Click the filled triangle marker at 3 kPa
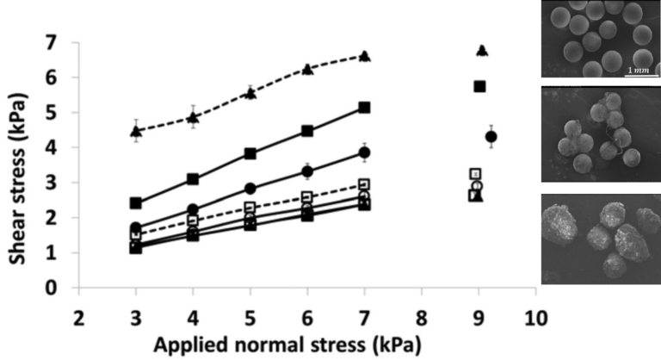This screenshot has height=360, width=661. (135, 131)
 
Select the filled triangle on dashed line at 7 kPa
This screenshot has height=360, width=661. (364, 56)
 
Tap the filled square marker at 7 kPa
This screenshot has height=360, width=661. (364, 108)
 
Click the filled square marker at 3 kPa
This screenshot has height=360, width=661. (135, 203)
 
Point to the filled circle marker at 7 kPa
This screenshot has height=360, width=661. (364, 152)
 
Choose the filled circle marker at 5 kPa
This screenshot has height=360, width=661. (250, 189)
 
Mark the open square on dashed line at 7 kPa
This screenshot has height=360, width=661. (364, 184)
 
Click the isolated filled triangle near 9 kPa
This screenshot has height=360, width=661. (482, 50)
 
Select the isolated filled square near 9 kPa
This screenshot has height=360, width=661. (480, 86)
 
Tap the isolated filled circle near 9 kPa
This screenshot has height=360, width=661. (491, 137)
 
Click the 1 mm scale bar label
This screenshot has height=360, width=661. (638, 69)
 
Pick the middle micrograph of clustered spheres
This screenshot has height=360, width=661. (600, 133)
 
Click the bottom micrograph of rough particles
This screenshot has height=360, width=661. (600, 239)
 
